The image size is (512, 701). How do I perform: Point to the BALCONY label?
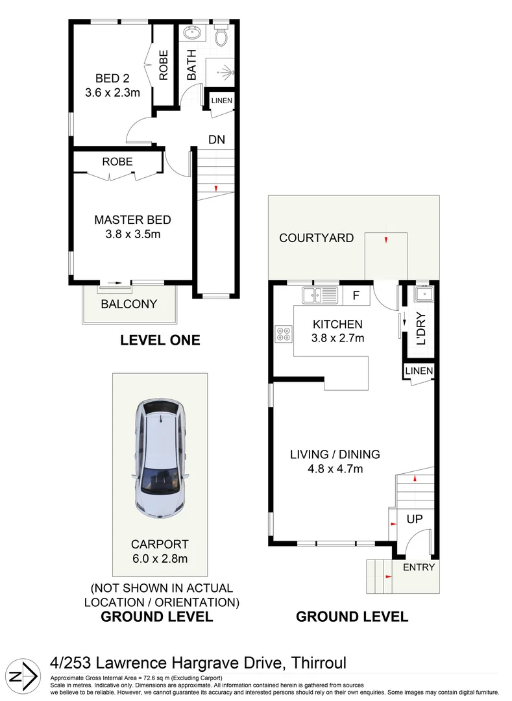click(x=128, y=304)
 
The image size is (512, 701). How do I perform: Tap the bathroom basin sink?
click(x=192, y=34)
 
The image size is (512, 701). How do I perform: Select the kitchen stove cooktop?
click(x=284, y=334)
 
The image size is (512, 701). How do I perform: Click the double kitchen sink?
click(x=319, y=296)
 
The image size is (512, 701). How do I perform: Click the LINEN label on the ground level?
click(x=418, y=371)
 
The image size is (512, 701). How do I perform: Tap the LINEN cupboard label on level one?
click(x=221, y=101)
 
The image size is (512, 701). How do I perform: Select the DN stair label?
click(x=216, y=139)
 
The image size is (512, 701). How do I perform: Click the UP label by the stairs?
click(x=415, y=519)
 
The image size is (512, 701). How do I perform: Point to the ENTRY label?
click(x=419, y=567)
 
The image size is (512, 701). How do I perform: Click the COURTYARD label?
click(x=316, y=238)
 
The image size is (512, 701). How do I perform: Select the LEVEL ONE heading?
click(x=160, y=340)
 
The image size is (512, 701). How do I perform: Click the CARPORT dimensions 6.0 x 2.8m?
click(x=160, y=558)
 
